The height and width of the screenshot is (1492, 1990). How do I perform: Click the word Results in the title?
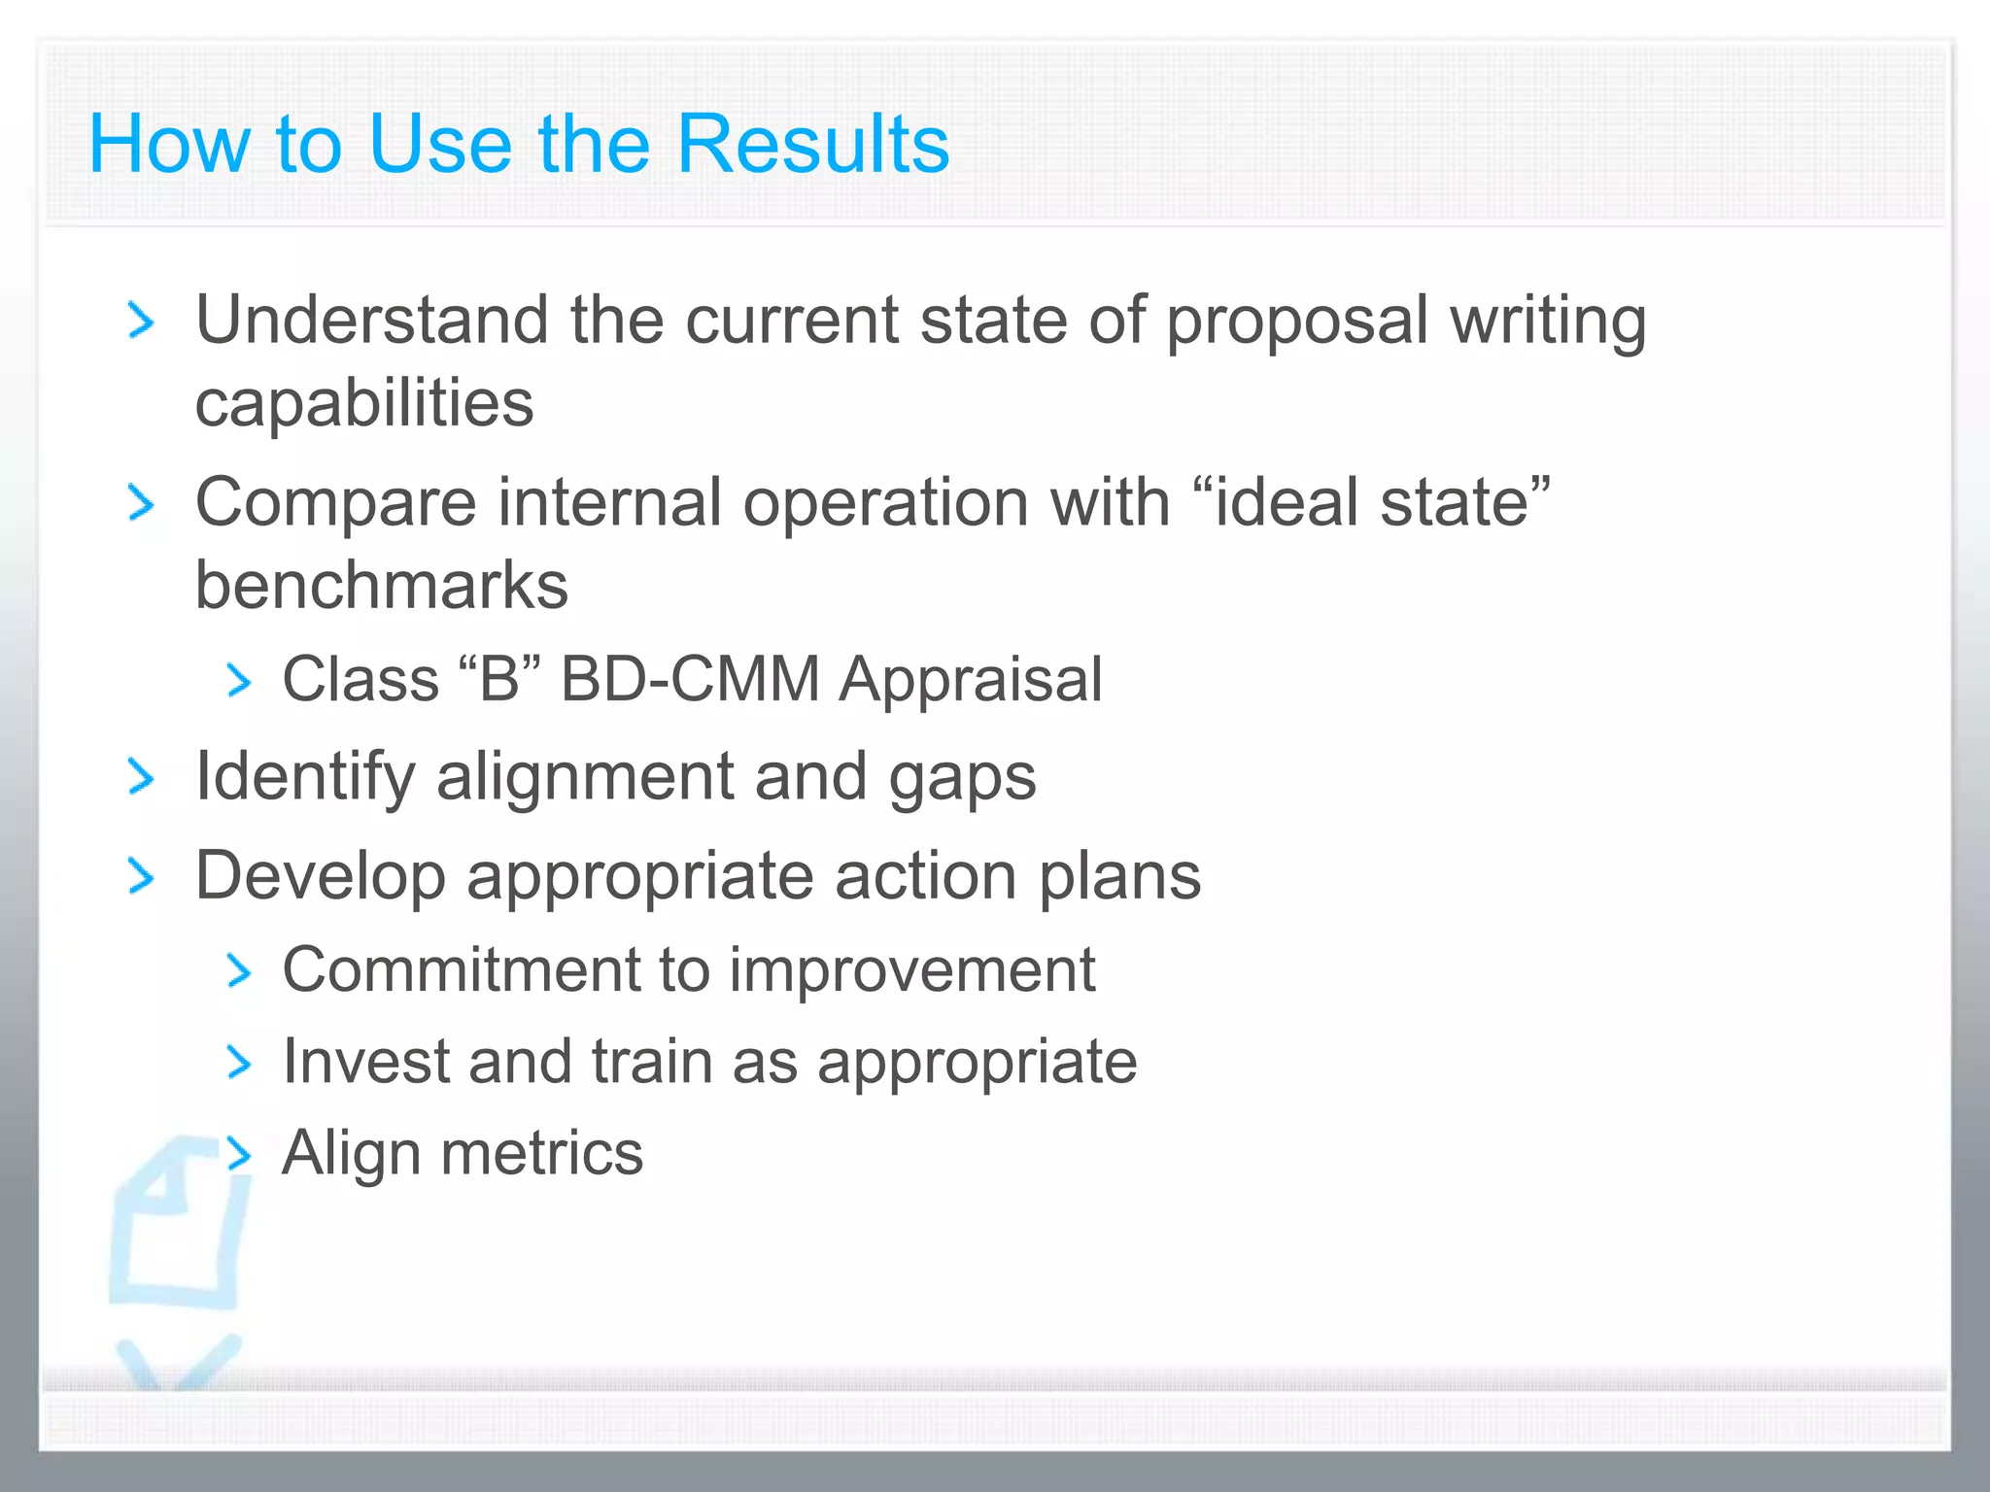coord(812,144)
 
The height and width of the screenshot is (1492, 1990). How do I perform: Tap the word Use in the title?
coord(440,144)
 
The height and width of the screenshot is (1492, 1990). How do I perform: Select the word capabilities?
coord(364,403)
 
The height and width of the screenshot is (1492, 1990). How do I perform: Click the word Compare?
coord(336,503)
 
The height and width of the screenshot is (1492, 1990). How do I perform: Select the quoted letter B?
coord(499,678)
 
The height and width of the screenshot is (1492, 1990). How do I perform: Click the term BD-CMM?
coord(690,678)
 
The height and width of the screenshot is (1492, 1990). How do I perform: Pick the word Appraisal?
coord(971,680)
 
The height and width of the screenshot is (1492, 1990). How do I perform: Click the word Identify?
coord(305,777)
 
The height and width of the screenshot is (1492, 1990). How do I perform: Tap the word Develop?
coord(321,876)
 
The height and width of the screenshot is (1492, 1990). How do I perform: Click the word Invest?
coord(364,1061)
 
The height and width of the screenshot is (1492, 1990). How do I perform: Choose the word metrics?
coord(541,1153)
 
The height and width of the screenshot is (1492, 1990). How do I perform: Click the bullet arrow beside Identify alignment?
coord(141,777)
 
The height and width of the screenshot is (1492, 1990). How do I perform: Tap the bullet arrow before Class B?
coord(238,680)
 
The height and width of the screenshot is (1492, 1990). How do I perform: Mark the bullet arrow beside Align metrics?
coord(238,1154)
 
